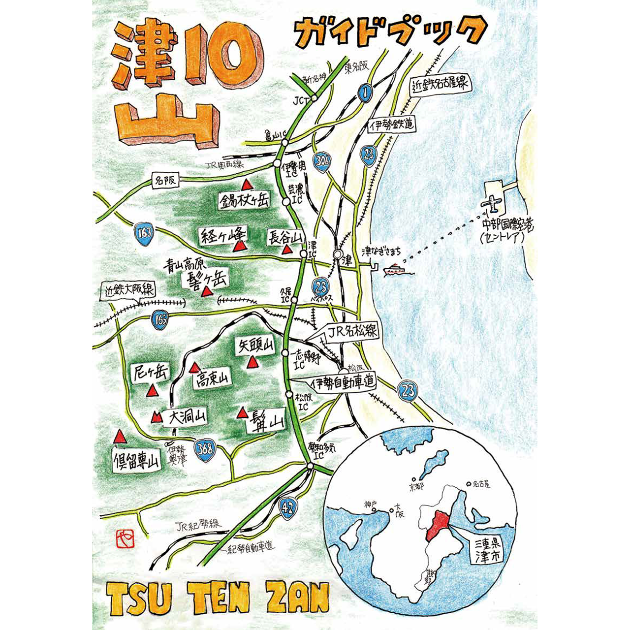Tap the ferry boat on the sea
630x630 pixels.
click(x=394, y=269)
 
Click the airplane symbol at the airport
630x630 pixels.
click(x=491, y=203)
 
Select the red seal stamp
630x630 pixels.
click(x=124, y=538)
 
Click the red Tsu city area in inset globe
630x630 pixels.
click(x=436, y=525)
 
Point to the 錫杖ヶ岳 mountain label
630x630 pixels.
click(x=245, y=199)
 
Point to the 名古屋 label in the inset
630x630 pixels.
click(x=480, y=484)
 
